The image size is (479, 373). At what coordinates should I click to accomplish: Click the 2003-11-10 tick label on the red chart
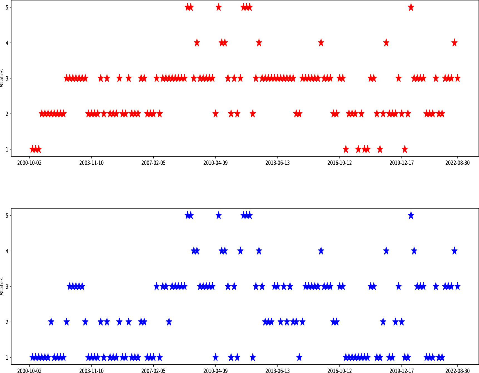pos(91,163)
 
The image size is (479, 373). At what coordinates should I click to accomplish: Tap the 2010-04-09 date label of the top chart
pos(215,163)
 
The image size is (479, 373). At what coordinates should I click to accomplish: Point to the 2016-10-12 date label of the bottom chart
pos(340,371)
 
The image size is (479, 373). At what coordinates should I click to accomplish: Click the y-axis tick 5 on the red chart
pos(7,7)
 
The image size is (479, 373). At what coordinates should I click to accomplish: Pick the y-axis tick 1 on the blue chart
pos(7,357)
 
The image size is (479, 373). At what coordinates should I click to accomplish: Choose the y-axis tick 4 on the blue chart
pos(7,251)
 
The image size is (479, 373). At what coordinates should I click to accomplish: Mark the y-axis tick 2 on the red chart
pos(7,114)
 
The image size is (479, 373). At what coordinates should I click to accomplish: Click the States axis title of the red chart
pos(2,78)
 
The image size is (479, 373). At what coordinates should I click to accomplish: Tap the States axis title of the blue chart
pos(2,286)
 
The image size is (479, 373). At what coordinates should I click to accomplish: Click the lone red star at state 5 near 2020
pos(411,7)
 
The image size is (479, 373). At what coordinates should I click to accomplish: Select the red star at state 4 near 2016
pos(321,43)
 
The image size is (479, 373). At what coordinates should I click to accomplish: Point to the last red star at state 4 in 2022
pos(454,43)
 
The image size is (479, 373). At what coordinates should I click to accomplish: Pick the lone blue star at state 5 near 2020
pos(411,215)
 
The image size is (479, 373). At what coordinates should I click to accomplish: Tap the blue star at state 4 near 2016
pos(321,251)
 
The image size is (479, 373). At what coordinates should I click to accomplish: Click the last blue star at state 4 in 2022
pos(454,251)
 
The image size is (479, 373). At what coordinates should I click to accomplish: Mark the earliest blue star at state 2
pos(51,322)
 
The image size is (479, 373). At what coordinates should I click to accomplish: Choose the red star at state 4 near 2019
pos(386,43)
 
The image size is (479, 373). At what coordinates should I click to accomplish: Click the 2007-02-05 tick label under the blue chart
pos(153,371)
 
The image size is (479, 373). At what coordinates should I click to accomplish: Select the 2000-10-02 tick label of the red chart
pos(29,163)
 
